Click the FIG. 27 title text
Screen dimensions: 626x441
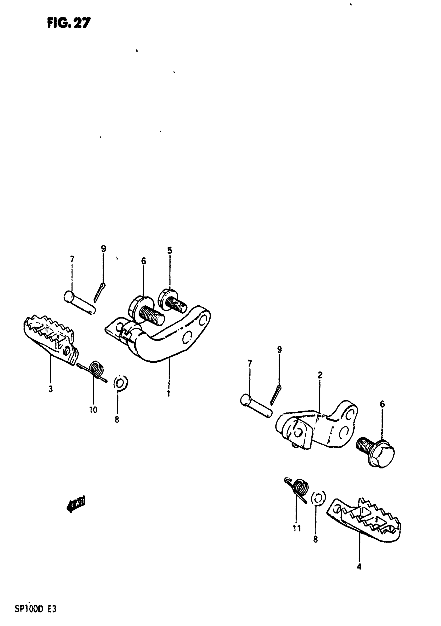pos(69,23)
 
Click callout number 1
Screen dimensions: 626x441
pos(169,393)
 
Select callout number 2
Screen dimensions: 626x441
pos(320,375)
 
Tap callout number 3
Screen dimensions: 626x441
pos(51,389)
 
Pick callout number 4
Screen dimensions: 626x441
pos(359,567)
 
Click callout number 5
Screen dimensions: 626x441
pos(170,250)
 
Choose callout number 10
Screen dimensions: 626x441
pos(93,410)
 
